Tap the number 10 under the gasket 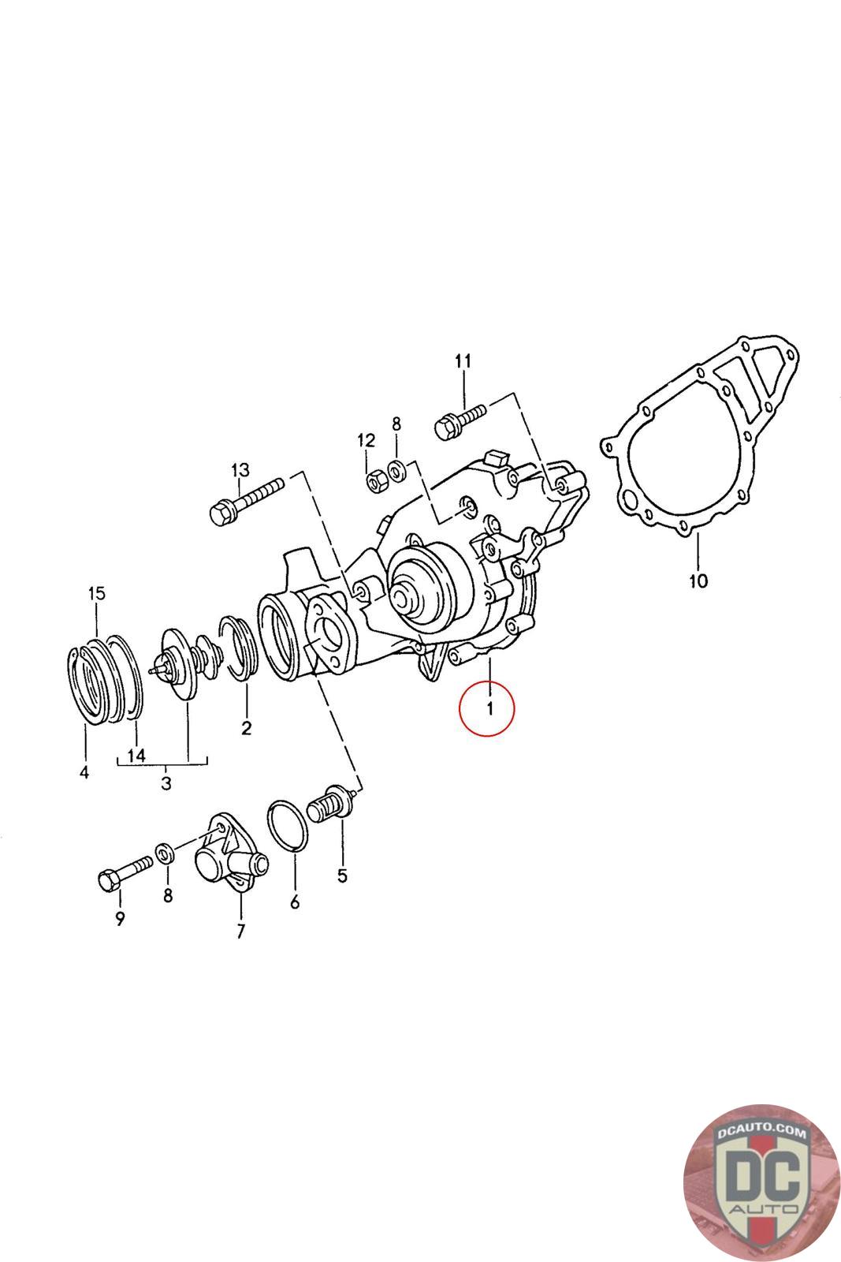coord(698,581)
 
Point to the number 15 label coord(95,593)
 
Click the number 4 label coord(84,771)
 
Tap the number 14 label coord(136,755)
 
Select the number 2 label coord(246,727)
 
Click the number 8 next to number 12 coord(396,424)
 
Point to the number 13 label coord(240,470)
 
